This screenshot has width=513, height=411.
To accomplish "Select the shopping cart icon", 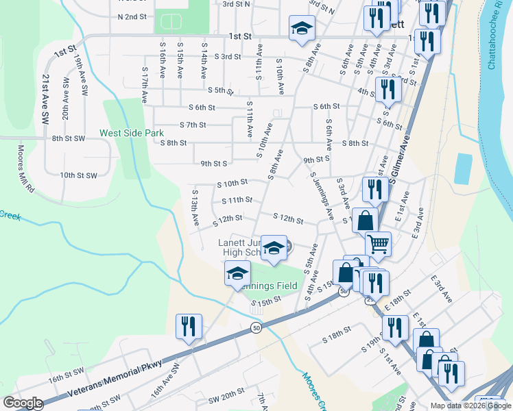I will tap(378, 243).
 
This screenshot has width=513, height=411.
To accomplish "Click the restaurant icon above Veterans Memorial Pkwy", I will tap(188, 327).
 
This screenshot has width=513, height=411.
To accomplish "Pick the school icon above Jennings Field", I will tap(237, 274).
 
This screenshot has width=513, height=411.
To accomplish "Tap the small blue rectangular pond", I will tap(463, 169).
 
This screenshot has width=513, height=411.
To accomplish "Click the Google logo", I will tap(22, 403).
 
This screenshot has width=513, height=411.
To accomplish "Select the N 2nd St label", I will tap(132, 16).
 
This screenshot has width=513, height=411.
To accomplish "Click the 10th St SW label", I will tap(78, 175).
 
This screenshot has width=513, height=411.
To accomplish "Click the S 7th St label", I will tap(193, 125).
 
